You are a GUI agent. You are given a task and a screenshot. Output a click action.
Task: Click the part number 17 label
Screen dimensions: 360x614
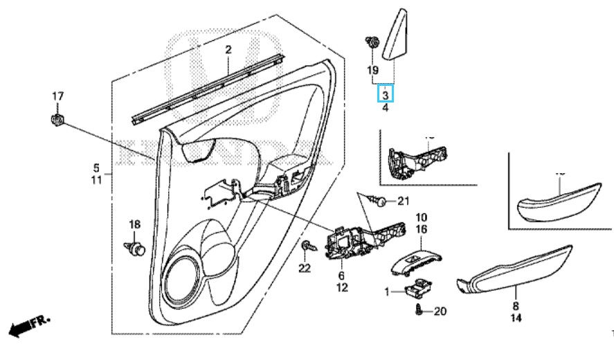(58, 96)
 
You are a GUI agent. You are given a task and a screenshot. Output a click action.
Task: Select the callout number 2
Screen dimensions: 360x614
(228, 49)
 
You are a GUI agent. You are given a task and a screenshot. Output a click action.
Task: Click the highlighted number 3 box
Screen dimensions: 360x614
(386, 93)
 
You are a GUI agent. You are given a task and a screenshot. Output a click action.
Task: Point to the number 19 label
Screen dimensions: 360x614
(372, 70)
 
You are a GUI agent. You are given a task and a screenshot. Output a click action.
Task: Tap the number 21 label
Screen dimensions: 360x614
(404, 201)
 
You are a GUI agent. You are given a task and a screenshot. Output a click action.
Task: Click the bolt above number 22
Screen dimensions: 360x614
(305, 246)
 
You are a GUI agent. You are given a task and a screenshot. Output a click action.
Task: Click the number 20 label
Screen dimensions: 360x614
(440, 312)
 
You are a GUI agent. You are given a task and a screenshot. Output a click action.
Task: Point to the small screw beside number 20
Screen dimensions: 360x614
(419, 310)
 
